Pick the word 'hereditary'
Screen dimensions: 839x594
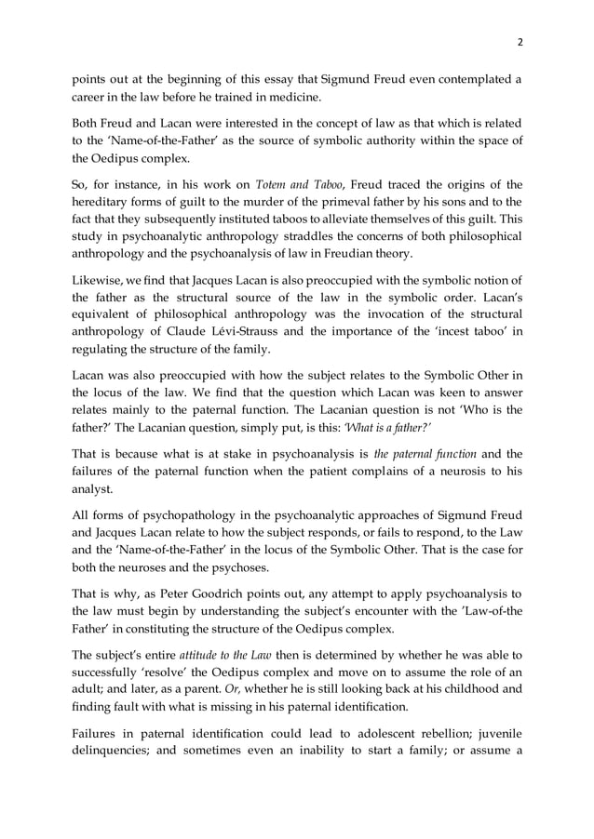point(101,202)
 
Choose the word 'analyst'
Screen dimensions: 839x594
point(94,489)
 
